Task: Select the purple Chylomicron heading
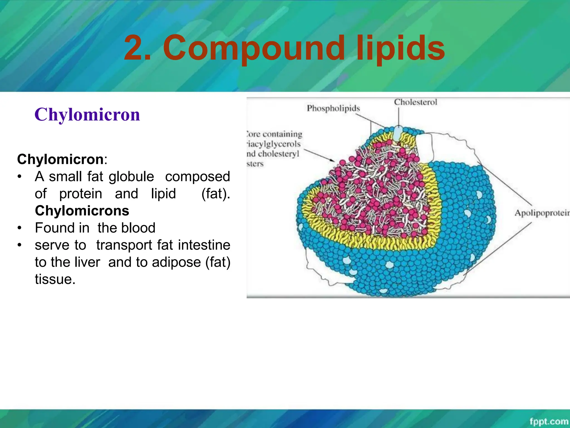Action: pos(87,115)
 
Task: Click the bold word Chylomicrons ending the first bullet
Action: pos(82,211)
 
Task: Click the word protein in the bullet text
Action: pos(81,194)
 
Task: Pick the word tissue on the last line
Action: pos(55,279)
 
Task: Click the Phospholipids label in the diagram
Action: pos(333,108)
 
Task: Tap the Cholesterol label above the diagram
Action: pos(415,102)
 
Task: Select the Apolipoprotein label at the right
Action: pos(542,213)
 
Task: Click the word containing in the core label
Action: pos(282,134)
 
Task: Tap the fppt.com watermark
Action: pos(548,421)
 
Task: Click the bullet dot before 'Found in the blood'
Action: pos(19,228)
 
